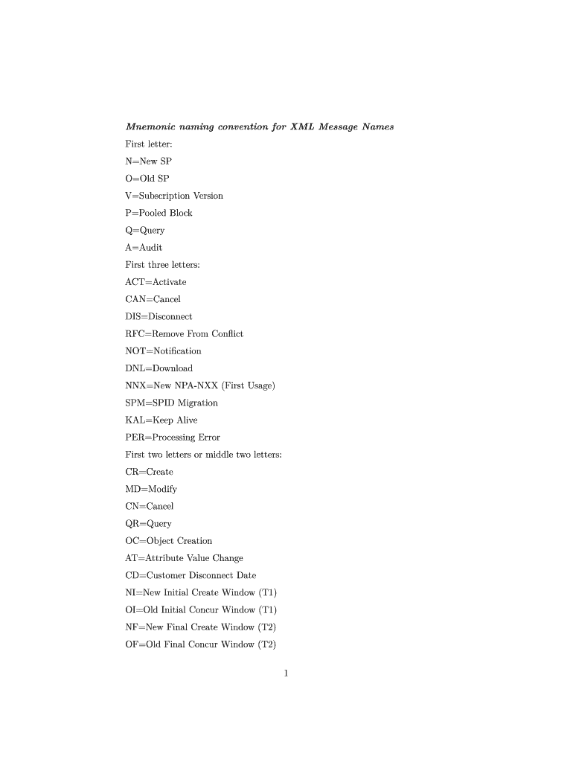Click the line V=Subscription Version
[x=174, y=196]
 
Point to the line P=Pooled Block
[x=159, y=213]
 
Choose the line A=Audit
[x=144, y=247]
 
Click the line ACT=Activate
[x=156, y=282]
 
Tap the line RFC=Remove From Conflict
[x=184, y=333]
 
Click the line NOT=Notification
[x=163, y=350]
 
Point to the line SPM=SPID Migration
[x=171, y=403]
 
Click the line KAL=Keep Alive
[x=161, y=420]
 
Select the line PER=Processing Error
[x=173, y=437]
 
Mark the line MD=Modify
[x=151, y=489]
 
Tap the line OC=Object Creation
[x=168, y=540]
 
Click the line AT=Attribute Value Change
[x=184, y=557]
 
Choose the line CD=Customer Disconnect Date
[x=191, y=575]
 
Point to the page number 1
[x=286, y=674]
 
